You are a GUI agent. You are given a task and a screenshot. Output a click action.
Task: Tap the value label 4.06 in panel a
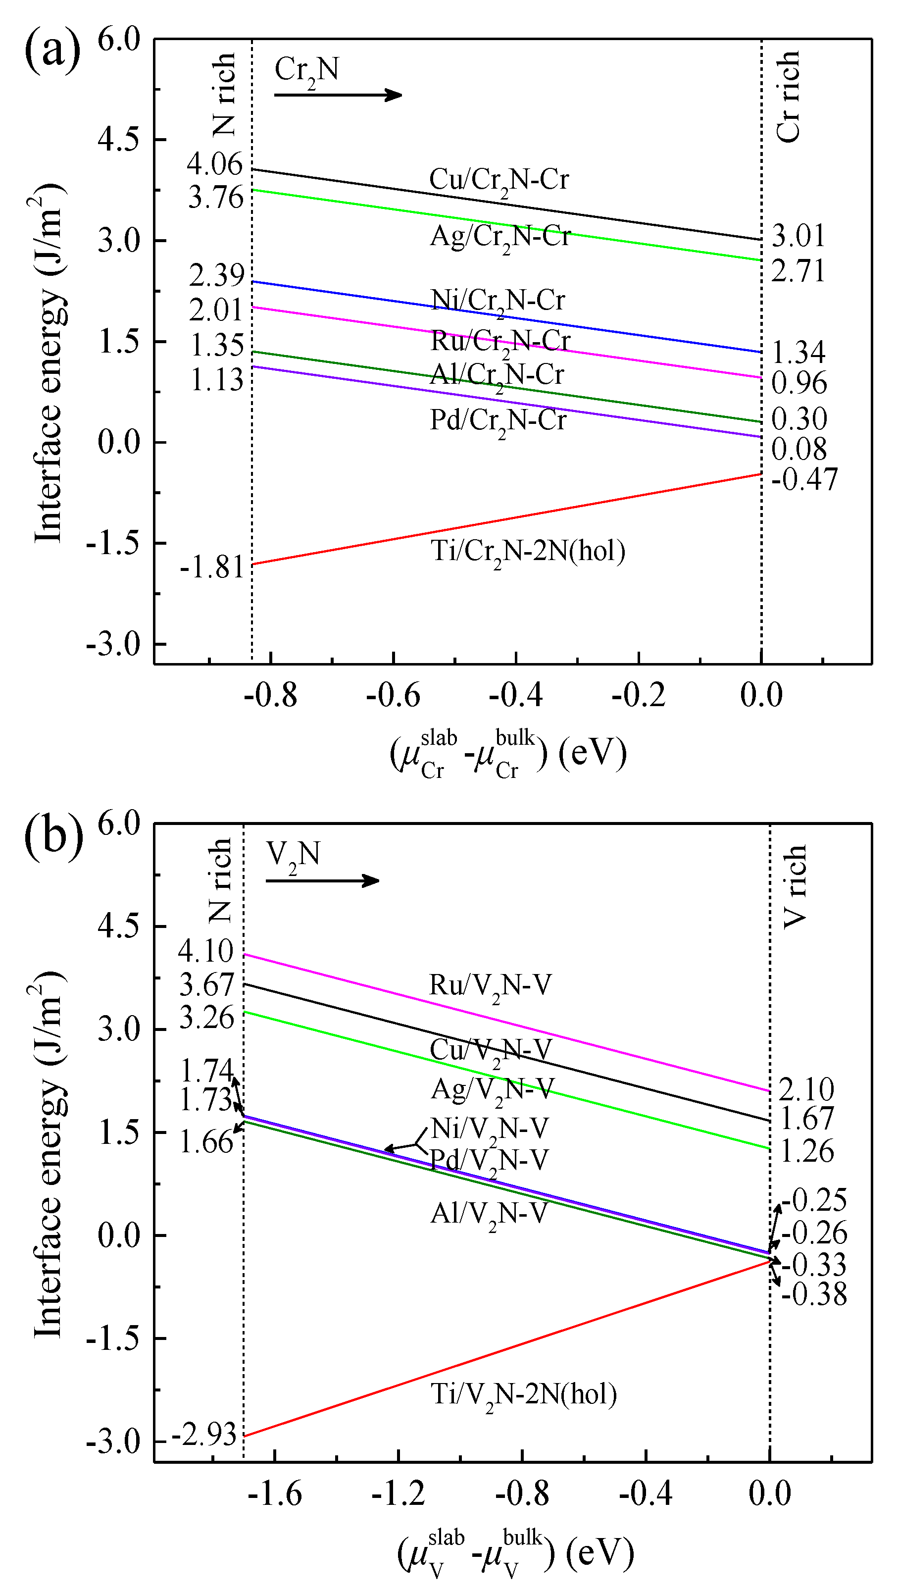[x=215, y=164]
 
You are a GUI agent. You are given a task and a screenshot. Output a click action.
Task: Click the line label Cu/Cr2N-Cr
[x=499, y=180]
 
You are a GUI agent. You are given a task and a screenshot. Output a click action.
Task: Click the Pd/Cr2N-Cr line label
[x=498, y=421]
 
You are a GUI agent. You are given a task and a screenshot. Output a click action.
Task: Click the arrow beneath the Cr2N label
[x=338, y=95]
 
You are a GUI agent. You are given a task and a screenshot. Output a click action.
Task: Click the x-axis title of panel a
[x=508, y=754]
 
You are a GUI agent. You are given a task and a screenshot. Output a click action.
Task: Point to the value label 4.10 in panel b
[x=205, y=951]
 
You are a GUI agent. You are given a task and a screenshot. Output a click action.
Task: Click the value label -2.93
[x=204, y=1433]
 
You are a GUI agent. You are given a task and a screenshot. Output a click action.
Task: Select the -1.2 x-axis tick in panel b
[x=399, y=1494]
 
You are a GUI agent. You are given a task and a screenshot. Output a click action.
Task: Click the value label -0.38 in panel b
[x=814, y=1294]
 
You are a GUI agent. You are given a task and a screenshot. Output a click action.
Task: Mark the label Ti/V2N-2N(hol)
[x=523, y=1394]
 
